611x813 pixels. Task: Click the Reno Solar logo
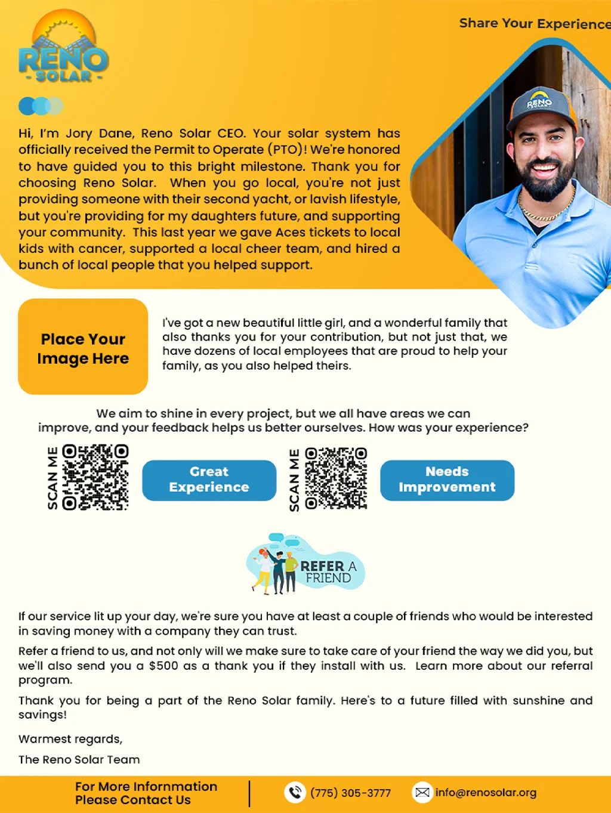64,48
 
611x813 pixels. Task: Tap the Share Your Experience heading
534,24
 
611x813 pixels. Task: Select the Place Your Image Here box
83,347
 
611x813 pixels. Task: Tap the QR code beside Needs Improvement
336,478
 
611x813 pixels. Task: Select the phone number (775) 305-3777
350,793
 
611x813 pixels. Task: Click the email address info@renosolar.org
486,793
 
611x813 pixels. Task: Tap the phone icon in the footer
295,792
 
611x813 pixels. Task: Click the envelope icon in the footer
422,792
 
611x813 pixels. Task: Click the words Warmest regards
70,739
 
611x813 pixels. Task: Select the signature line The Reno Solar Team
79,759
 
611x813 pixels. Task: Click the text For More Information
146,787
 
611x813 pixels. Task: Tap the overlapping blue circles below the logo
41,106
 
